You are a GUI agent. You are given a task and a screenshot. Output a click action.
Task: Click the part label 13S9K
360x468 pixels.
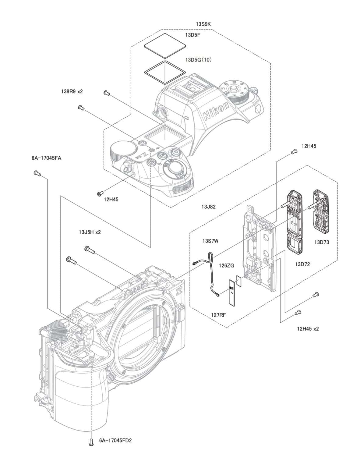coord(203,24)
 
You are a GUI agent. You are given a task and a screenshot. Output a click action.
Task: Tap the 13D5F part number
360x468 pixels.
coord(193,35)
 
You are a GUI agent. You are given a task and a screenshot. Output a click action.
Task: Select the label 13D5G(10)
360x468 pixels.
coord(198,60)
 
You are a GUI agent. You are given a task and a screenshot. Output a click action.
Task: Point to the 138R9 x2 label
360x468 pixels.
coord(72,91)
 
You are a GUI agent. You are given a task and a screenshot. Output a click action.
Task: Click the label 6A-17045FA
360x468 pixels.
coord(46,158)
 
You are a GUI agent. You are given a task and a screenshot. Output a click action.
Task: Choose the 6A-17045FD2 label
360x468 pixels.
coord(115,441)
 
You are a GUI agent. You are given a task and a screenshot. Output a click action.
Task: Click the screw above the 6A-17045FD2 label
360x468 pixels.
coord(91,442)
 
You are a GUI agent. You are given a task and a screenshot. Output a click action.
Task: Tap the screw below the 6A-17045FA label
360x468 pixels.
coord(37,173)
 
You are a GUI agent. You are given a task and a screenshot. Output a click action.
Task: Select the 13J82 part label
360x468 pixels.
coord(209,207)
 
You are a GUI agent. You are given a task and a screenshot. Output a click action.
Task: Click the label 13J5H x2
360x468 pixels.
coord(90,232)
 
